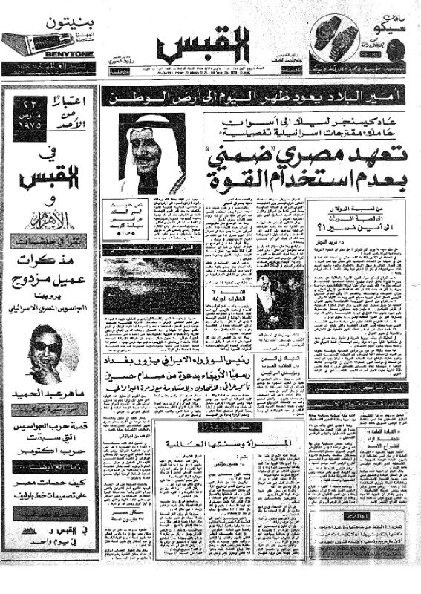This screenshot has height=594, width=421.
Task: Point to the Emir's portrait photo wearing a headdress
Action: point(151,153)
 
